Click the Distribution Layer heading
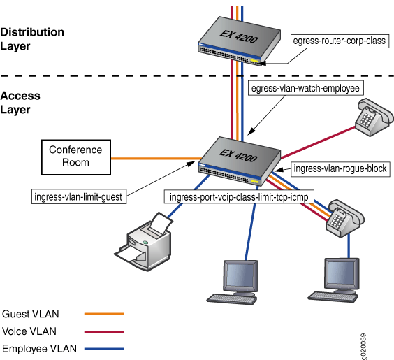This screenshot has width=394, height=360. click(33, 38)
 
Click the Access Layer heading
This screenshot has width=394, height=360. click(21, 102)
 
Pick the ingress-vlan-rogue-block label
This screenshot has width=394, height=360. click(340, 168)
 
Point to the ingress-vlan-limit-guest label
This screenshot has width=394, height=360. click(79, 197)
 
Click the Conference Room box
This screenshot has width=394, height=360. click(75, 156)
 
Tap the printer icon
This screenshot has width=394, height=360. click(146, 242)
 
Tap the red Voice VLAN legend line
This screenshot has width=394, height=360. click(103, 331)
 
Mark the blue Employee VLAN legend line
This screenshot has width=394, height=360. click(103, 348)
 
